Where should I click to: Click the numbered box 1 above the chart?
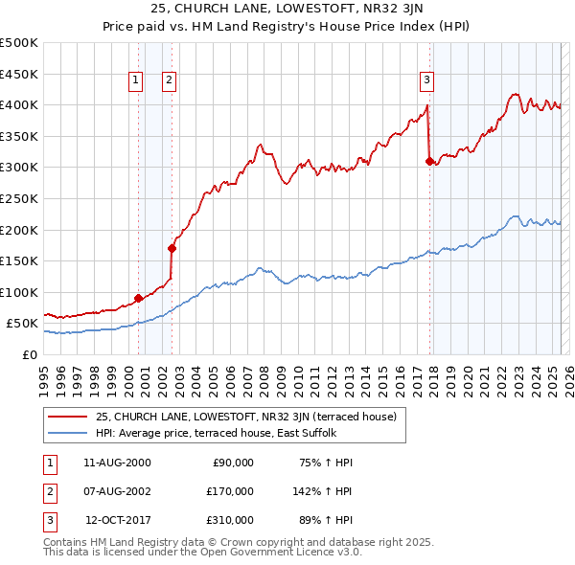point(136,80)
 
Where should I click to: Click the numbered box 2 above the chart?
point(169,80)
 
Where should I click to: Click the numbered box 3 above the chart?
point(426,80)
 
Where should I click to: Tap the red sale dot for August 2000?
point(138,298)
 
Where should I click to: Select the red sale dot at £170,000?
point(172,248)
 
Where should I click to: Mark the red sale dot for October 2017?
point(429,161)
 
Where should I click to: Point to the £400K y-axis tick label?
point(19,105)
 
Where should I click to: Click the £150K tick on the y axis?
point(19,260)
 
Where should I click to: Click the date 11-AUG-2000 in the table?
point(117,463)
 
